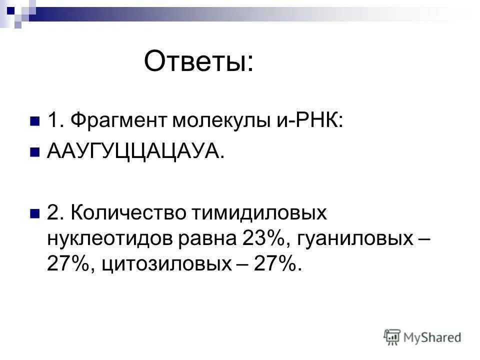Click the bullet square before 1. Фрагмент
tap(34, 121)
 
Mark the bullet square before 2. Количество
tap(34, 214)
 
